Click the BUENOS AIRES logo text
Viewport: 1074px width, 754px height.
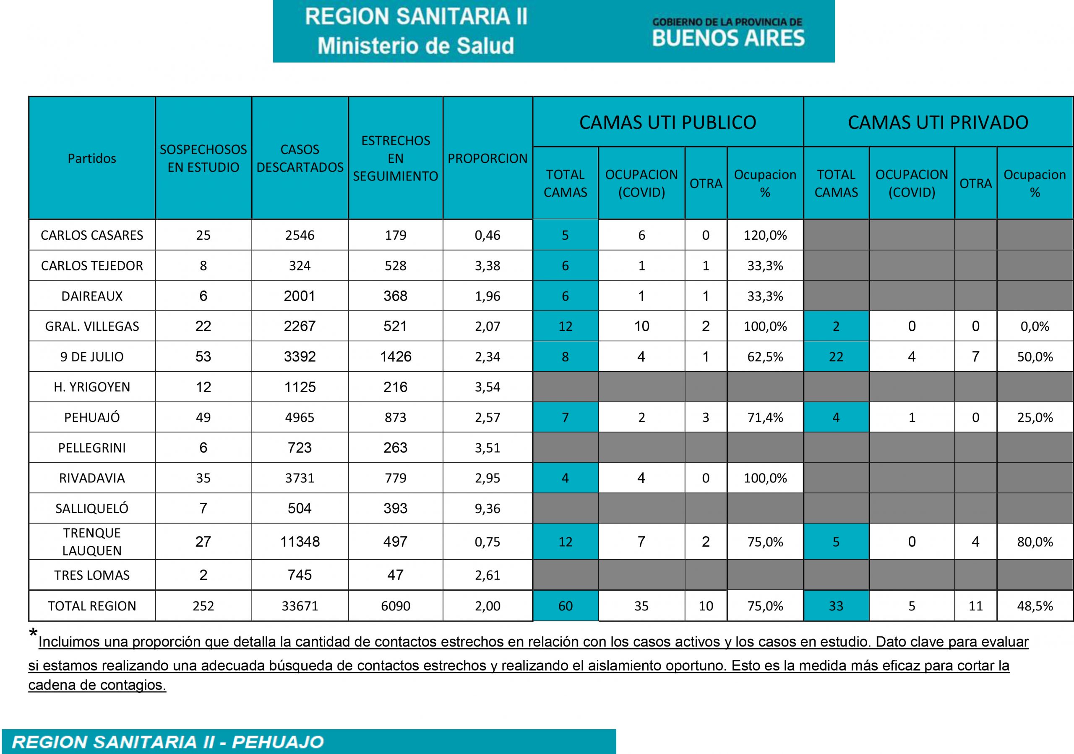pos(728,38)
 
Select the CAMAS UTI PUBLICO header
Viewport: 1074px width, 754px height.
pos(667,122)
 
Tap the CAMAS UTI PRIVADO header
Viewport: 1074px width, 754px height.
pos(938,122)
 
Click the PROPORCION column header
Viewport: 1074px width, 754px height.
pos(487,158)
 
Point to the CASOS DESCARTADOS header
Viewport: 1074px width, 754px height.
pos(300,158)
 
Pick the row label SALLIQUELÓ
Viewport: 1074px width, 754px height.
pos(92,508)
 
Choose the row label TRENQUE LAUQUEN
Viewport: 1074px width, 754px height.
pos(92,542)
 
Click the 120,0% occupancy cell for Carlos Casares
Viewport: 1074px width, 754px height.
pos(765,235)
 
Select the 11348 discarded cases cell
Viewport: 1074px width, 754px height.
pos(300,542)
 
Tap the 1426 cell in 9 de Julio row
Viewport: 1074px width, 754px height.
pos(395,357)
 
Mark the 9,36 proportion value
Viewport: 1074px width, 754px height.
pos(487,508)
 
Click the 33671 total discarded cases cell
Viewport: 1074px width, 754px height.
pos(300,606)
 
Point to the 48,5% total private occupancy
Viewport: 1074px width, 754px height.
pos(1035,606)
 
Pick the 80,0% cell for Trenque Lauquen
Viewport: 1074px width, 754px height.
pos(1035,542)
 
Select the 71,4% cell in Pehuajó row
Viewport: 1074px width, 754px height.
pos(765,417)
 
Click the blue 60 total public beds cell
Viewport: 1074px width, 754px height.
pos(565,606)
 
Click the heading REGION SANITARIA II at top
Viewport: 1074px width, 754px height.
pos(416,17)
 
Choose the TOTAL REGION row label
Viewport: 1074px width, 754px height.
pos(92,606)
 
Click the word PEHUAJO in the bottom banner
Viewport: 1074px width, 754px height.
pos(278,742)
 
